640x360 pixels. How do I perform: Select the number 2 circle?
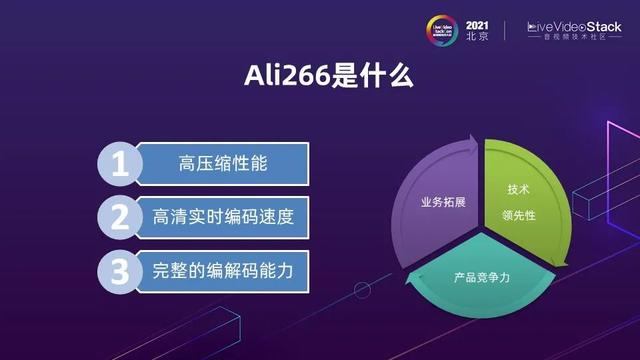(119, 218)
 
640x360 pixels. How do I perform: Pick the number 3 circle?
(119, 270)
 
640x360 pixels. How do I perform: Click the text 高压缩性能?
(209, 165)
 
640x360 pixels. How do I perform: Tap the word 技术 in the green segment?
(518, 189)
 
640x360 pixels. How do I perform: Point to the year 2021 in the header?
(478, 22)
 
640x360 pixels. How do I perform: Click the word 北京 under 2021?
(478, 36)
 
